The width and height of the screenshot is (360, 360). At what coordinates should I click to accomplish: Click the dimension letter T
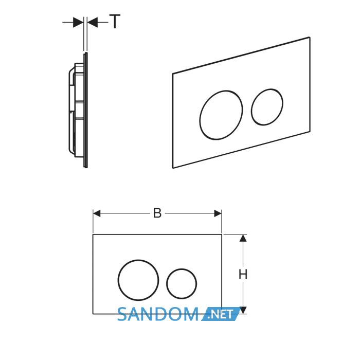pyautogui.click(x=115, y=22)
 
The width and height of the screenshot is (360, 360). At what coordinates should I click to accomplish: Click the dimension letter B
pyautogui.click(x=157, y=213)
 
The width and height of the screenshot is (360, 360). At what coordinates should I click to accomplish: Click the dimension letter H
pyautogui.click(x=243, y=274)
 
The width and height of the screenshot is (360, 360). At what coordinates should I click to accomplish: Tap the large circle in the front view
pyautogui.click(x=118, y=280)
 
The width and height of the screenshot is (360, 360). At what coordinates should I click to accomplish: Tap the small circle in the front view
pyautogui.click(x=167, y=284)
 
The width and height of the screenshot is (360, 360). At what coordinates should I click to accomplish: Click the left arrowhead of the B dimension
pyautogui.click(x=97, y=213)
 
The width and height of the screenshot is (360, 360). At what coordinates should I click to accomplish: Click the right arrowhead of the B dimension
pyautogui.click(x=218, y=213)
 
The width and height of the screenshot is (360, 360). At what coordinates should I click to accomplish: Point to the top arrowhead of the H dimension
pyautogui.click(x=243, y=238)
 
